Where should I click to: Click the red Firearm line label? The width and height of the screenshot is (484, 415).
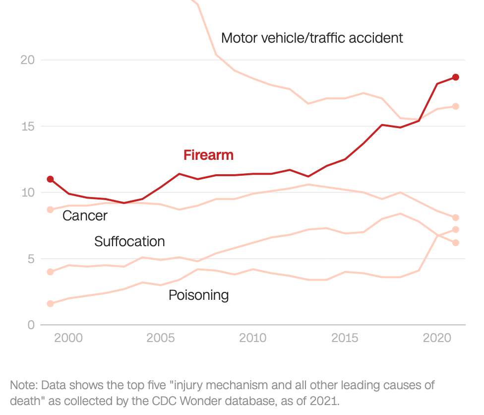click(208, 155)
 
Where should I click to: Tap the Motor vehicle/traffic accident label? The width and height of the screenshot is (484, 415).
click(312, 38)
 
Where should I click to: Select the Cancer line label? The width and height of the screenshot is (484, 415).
click(85, 215)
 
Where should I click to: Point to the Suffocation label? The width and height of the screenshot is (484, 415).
click(129, 242)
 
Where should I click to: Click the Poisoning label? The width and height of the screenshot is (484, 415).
click(198, 295)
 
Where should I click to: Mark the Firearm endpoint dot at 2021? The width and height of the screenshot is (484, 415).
click(455, 77)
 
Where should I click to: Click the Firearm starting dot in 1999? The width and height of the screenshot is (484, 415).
click(50, 179)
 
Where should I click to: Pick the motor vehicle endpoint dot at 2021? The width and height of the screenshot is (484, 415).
click(455, 106)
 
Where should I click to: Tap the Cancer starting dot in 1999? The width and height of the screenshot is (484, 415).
click(50, 209)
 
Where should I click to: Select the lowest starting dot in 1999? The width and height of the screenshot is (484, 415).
click(50, 303)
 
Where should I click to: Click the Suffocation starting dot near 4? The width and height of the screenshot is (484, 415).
click(50, 272)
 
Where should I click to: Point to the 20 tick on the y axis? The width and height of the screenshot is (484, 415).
click(27, 60)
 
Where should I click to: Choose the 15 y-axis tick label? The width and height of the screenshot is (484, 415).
click(27, 126)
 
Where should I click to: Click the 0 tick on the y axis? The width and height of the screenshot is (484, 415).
click(30, 325)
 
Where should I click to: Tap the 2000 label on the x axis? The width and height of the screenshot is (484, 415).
click(68, 338)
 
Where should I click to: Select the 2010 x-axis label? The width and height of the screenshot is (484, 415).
click(253, 338)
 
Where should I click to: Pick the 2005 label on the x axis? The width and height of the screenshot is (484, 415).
click(161, 338)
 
